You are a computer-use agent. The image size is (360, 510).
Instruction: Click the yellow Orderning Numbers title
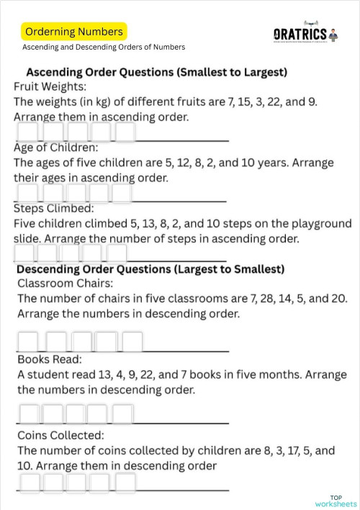point(73,32)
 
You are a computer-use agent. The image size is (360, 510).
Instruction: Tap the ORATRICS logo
point(301,34)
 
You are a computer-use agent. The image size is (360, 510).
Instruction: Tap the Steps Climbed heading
point(54,209)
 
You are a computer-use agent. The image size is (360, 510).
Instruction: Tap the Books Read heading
point(50,359)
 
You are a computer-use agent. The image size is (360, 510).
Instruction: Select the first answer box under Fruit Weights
point(28,133)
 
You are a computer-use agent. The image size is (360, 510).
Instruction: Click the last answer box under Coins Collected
point(125,483)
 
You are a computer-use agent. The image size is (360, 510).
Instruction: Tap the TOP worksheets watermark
point(336,501)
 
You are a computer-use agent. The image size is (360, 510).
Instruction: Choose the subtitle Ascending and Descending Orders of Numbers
point(104,48)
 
